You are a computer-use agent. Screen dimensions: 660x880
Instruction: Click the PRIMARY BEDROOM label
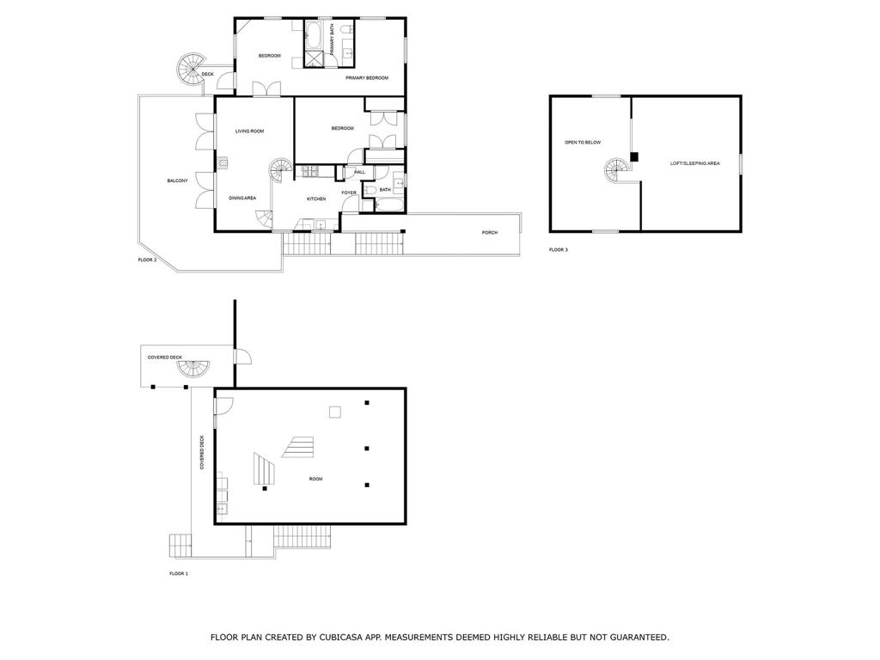point(367,78)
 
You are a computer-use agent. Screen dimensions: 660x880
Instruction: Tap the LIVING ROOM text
point(249,131)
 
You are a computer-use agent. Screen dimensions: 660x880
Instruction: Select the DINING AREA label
point(242,199)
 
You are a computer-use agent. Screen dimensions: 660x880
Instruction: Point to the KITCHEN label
point(316,199)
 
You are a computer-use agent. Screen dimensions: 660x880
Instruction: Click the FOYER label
point(349,192)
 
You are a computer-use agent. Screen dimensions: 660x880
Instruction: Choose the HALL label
point(359,172)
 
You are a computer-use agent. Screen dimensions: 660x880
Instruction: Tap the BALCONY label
point(177,180)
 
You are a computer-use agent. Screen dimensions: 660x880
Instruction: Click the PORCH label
point(489,233)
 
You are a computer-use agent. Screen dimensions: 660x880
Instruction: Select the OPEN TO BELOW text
point(583,142)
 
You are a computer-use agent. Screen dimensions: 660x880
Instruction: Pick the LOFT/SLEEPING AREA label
point(694,163)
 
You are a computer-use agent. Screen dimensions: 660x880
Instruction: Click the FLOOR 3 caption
point(559,250)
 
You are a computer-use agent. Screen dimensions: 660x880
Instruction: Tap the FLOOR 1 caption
point(179,573)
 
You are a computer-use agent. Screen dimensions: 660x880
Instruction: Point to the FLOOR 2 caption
point(148,260)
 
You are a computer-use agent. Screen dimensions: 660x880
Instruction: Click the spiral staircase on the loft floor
point(618,172)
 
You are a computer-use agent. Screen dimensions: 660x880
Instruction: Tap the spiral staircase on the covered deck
point(193,370)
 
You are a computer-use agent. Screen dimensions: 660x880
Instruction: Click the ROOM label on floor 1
point(315,479)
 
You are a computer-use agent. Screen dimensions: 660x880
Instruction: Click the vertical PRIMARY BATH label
point(332,40)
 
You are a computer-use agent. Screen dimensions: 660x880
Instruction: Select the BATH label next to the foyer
point(385,190)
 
